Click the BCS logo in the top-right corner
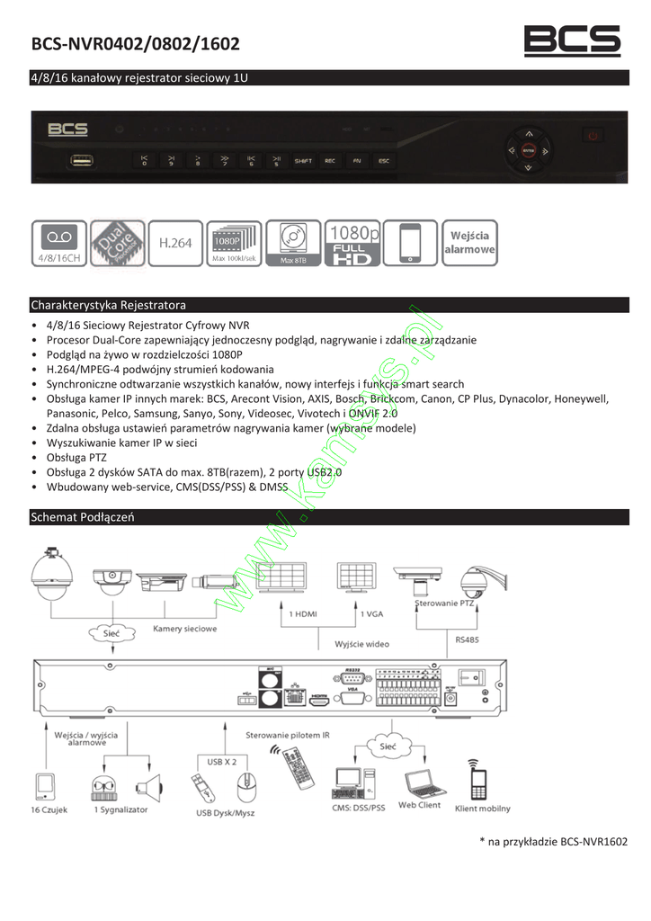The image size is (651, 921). point(572,40)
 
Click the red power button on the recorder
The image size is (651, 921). point(591,136)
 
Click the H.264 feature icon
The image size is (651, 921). point(175,243)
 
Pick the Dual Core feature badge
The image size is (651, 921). point(118,243)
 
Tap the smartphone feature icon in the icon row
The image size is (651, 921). point(410,243)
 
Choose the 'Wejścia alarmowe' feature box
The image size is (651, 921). point(469,243)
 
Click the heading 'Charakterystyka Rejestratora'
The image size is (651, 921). point(108,304)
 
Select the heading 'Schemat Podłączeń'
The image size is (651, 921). point(82,517)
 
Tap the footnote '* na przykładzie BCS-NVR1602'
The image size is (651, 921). point(553,842)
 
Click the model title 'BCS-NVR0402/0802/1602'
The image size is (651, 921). point(135,44)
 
